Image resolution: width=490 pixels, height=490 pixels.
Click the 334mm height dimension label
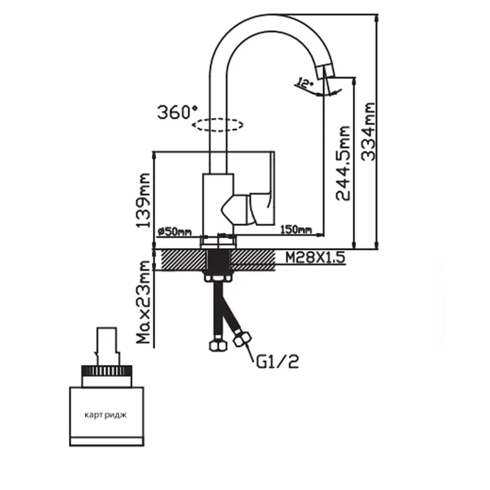[x=368, y=132]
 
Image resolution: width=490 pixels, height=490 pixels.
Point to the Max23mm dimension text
[x=144, y=302]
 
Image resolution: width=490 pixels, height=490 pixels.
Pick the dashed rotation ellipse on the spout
[x=218, y=125]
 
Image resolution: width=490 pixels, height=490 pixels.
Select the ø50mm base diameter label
[x=175, y=231]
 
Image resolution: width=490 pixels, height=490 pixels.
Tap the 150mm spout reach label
[x=296, y=229]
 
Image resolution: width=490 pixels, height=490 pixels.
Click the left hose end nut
[x=217, y=345]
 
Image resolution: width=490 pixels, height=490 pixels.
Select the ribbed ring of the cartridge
[x=107, y=370]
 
